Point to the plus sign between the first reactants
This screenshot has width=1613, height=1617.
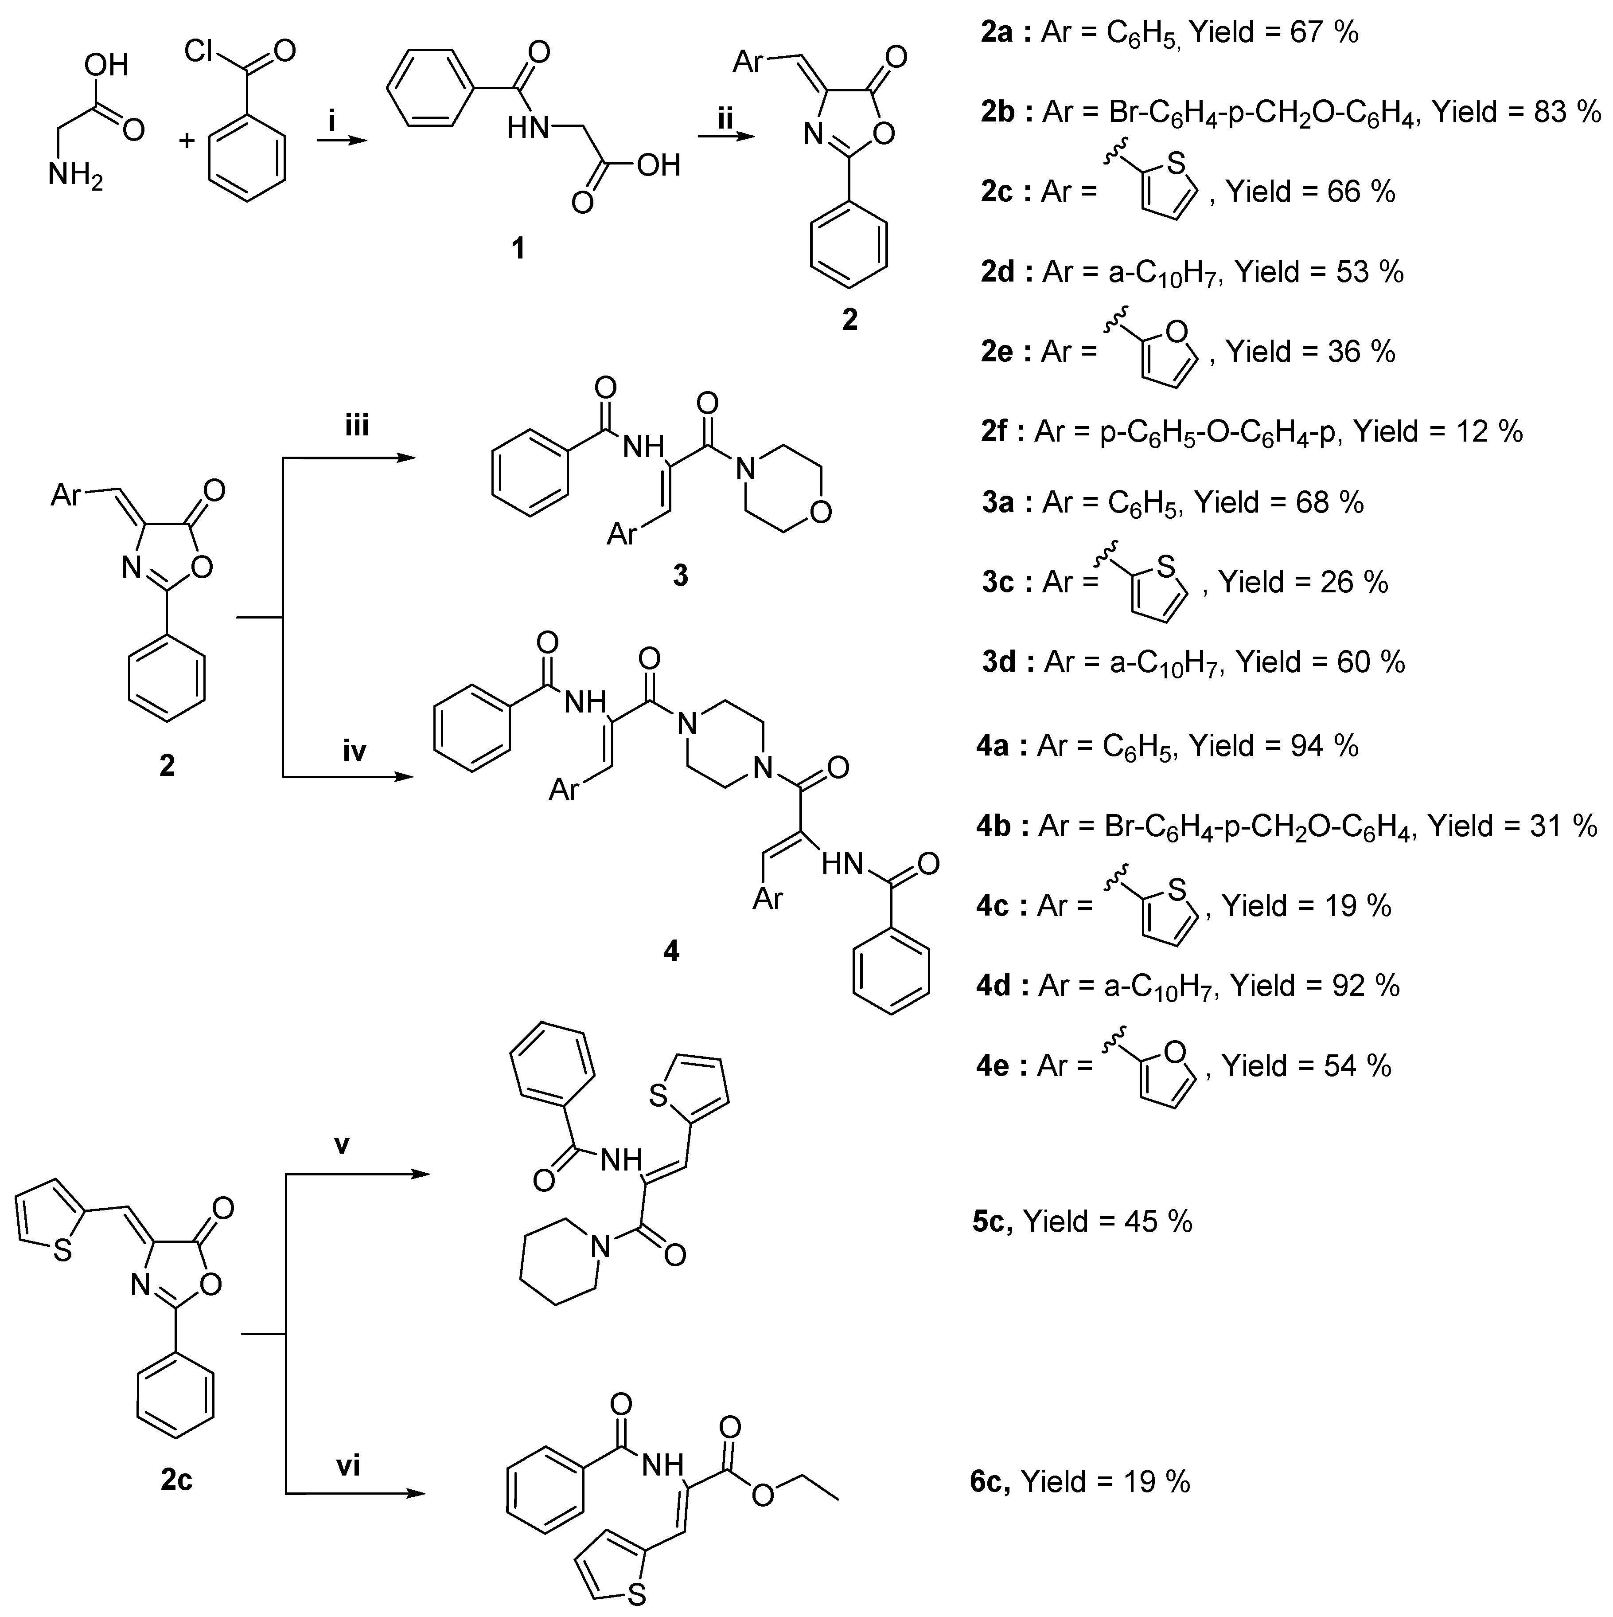pyautogui.click(x=187, y=140)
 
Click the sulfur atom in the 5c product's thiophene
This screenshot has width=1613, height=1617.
pyautogui.click(x=658, y=1096)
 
